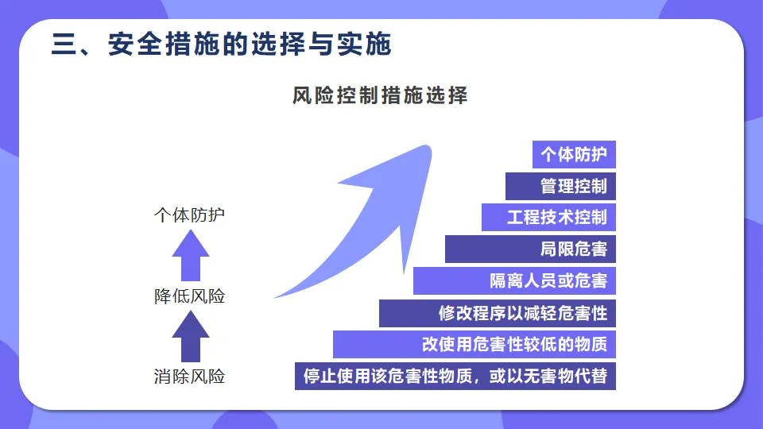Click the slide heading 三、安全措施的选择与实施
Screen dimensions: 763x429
(222, 44)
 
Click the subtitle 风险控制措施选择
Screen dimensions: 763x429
(380, 96)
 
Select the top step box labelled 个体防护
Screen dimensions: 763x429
(574, 154)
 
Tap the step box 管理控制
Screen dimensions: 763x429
(560, 186)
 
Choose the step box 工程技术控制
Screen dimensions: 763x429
(548, 217)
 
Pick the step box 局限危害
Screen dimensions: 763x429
(530, 249)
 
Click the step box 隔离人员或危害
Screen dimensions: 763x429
(514, 280)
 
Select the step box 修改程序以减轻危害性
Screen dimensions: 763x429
(498, 312)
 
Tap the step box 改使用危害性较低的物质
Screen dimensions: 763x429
(474, 344)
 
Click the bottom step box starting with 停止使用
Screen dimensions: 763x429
(455, 376)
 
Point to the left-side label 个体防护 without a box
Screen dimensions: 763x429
(189, 215)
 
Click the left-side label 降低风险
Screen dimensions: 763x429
(189, 296)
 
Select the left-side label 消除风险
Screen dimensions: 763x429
(189, 376)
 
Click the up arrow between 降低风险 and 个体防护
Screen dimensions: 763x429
(191, 256)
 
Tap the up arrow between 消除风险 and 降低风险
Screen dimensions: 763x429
(191, 336)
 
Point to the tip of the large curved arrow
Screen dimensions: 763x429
(430, 147)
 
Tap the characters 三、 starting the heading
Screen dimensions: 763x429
(70, 44)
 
